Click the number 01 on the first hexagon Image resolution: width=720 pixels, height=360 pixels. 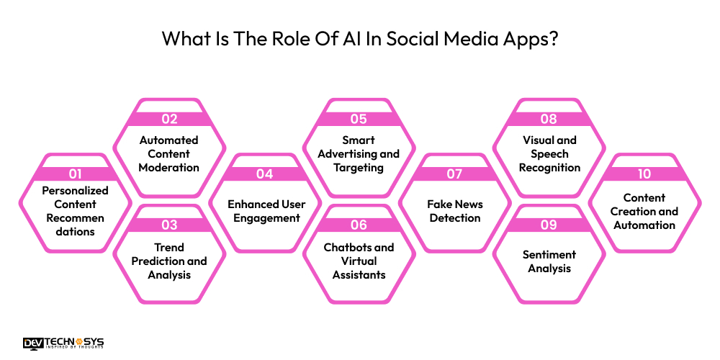(x=74, y=174)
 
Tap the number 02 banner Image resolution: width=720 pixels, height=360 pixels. (x=169, y=120)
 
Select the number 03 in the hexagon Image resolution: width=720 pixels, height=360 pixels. (x=169, y=225)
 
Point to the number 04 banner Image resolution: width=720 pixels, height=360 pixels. (x=264, y=174)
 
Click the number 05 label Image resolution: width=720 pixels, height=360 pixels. (x=359, y=120)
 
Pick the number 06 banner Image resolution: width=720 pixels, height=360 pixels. (x=359, y=225)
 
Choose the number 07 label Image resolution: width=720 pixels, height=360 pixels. (x=454, y=174)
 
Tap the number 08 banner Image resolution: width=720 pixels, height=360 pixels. (x=549, y=120)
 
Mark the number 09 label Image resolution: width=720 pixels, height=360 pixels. (x=549, y=225)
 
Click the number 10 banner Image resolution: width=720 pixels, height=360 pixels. (x=644, y=174)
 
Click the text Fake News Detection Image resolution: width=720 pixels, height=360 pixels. (x=455, y=211)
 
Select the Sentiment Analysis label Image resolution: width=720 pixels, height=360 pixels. (x=549, y=261)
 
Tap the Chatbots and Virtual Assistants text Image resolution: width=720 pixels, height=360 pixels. (x=359, y=261)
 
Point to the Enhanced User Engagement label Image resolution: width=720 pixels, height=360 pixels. (x=264, y=211)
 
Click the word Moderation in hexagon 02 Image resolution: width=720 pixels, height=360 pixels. (x=169, y=168)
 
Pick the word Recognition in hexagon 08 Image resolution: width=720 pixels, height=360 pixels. (x=549, y=168)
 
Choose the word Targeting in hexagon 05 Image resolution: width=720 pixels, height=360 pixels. (x=359, y=168)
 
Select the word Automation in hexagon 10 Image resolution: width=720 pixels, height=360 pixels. (x=644, y=225)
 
